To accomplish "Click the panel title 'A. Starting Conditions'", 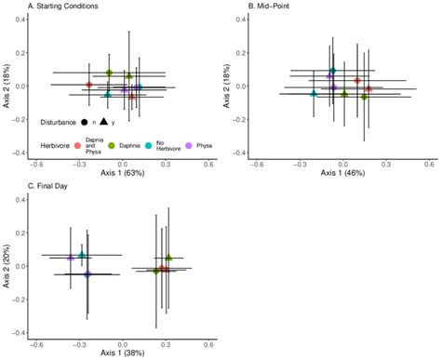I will pos(64,7).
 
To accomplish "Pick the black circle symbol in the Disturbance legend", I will pos(85,122).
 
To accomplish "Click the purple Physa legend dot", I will pos(190,145).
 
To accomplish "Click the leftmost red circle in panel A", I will pos(89,85).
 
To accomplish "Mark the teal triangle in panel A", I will pos(108,94).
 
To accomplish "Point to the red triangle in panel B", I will pos(368,89).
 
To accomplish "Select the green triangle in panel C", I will pos(168,257).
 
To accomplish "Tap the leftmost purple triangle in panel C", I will pos(71,258).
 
